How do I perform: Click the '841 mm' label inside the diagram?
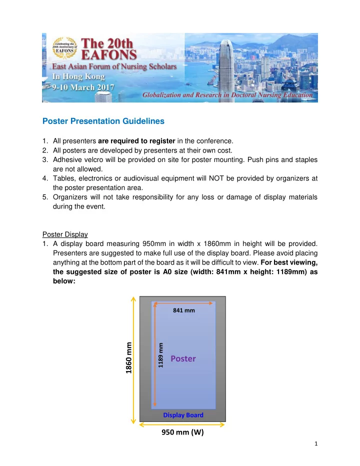[x=183, y=310]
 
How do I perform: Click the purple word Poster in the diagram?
[x=183, y=358]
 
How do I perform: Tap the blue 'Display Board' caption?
[x=183, y=415]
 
